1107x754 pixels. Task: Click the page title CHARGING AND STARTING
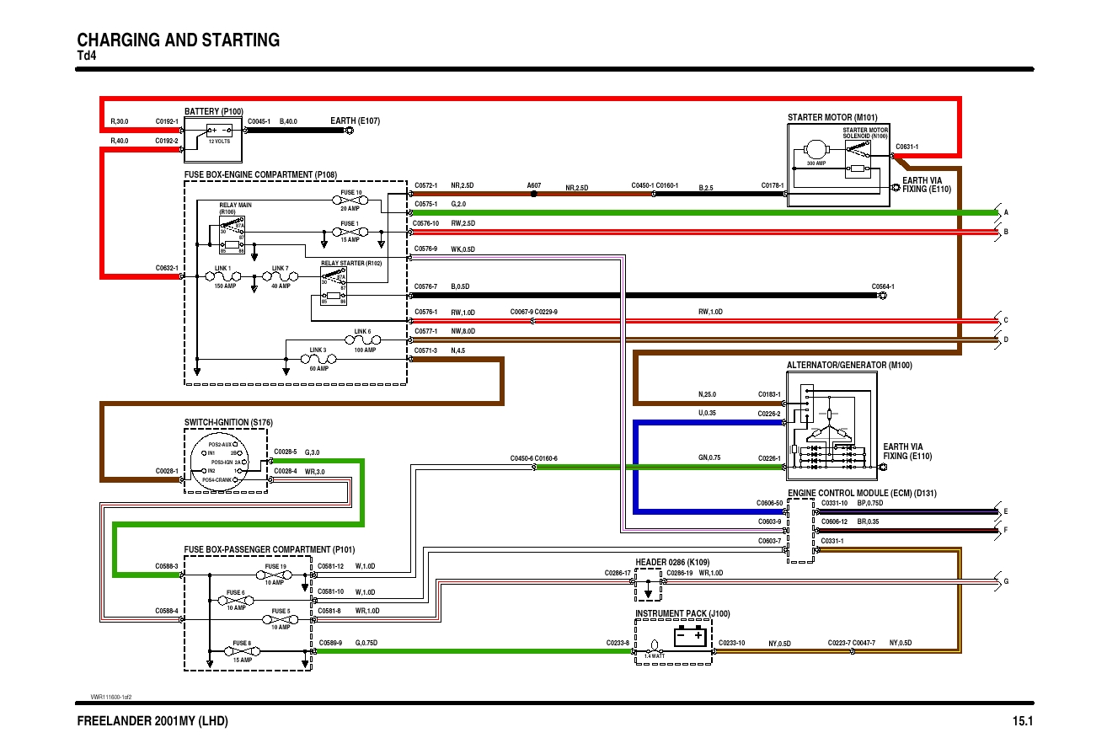[178, 40]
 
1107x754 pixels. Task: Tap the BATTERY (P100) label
[213, 111]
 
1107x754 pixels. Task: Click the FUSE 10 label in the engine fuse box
[351, 193]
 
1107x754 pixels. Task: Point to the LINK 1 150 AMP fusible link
[222, 275]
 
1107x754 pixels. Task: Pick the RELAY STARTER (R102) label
[350, 263]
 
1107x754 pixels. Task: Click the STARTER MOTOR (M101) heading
[832, 117]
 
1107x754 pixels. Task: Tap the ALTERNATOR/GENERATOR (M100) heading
[849, 366]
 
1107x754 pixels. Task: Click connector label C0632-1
[166, 268]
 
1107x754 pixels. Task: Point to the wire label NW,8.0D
[463, 331]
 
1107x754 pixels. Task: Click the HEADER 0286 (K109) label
[672, 561]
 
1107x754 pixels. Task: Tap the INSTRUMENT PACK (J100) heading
[682, 613]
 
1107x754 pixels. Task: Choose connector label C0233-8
[618, 643]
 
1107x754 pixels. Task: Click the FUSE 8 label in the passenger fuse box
[241, 644]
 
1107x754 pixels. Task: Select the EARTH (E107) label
[356, 120]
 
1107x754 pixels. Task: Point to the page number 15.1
[1022, 722]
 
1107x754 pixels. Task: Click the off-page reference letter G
[1005, 581]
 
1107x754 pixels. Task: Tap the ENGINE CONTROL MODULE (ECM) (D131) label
[862, 493]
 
